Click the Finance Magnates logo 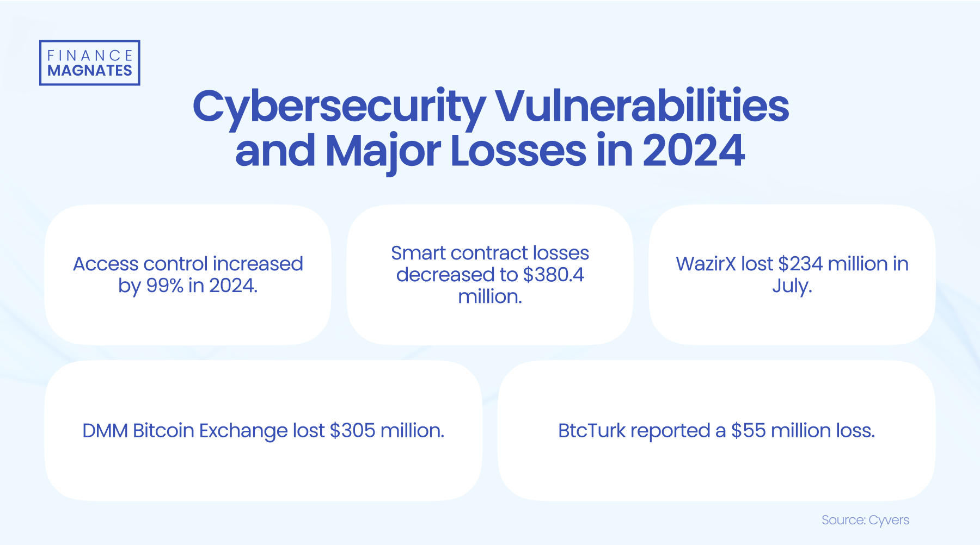(89, 63)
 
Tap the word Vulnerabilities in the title (642, 106)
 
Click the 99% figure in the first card (165, 286)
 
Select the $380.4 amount (553, 275)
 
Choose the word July (792, 286)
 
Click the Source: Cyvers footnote (865, 520)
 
